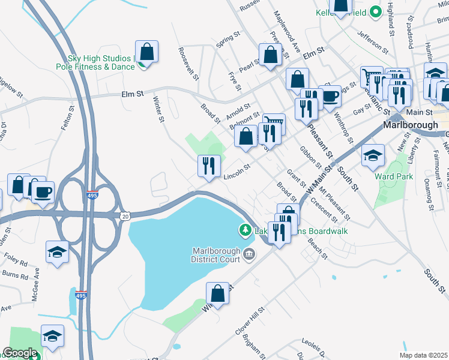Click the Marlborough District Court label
coord(215,255)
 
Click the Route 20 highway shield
coord(125,216)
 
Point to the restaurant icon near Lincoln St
coord(209,166)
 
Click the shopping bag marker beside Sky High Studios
coord(146,52)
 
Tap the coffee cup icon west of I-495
coord(43,192)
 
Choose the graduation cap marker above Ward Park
coord(373,155)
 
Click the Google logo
coord(19,353)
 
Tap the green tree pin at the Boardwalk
coord(245,229)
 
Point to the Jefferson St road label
coord(373,40)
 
